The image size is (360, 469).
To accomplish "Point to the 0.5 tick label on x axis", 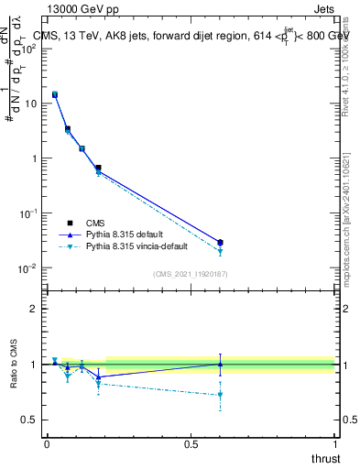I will point(191,443).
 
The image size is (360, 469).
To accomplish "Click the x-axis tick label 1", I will point(335,443).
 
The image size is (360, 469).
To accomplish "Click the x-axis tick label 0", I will point(47,443).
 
